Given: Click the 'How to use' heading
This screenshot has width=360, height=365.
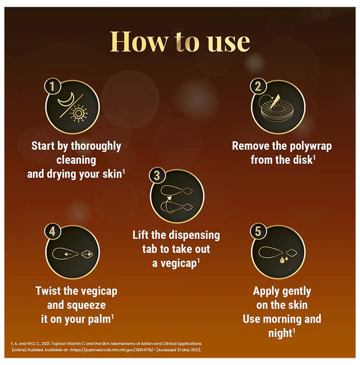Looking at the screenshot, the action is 180,41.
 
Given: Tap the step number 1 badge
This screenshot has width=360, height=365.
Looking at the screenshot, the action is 52,86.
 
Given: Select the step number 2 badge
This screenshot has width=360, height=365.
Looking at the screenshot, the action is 258,86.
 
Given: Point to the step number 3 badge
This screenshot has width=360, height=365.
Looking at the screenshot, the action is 157,175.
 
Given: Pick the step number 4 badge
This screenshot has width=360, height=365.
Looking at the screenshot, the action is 52,232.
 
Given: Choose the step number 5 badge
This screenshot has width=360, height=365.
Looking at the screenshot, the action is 258,232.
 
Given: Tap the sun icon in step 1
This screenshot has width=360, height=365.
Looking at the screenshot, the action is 79,113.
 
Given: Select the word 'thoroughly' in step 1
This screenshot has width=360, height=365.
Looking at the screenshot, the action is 96,147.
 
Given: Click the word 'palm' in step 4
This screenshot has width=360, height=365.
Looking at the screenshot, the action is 99,319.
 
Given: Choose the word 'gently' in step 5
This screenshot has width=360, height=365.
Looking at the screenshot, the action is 296,291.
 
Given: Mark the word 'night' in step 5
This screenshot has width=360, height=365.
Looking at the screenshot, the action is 280,333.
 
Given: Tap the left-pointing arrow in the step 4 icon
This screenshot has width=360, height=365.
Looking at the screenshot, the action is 68,254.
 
